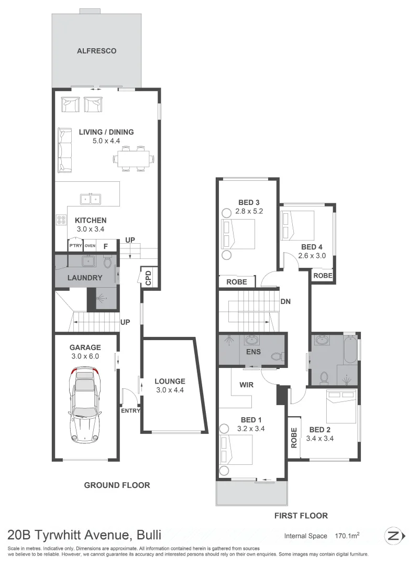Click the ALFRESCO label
click(96, 51)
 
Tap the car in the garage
click(85, 404)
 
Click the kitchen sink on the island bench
click(91, 199)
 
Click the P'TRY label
click(75, 246)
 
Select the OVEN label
click(90, 246)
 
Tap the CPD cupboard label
click(148, 278)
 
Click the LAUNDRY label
click(84, 277)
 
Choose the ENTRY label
click(130, 410)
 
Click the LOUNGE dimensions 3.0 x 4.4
click(170, 390)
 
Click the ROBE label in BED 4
click(323, 275)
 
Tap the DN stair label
click(286, 302)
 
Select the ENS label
click(254, 352)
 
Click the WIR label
click(247, 385)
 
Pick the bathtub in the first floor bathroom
click(350, 350)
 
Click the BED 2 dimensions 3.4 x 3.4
click(320, 439)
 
